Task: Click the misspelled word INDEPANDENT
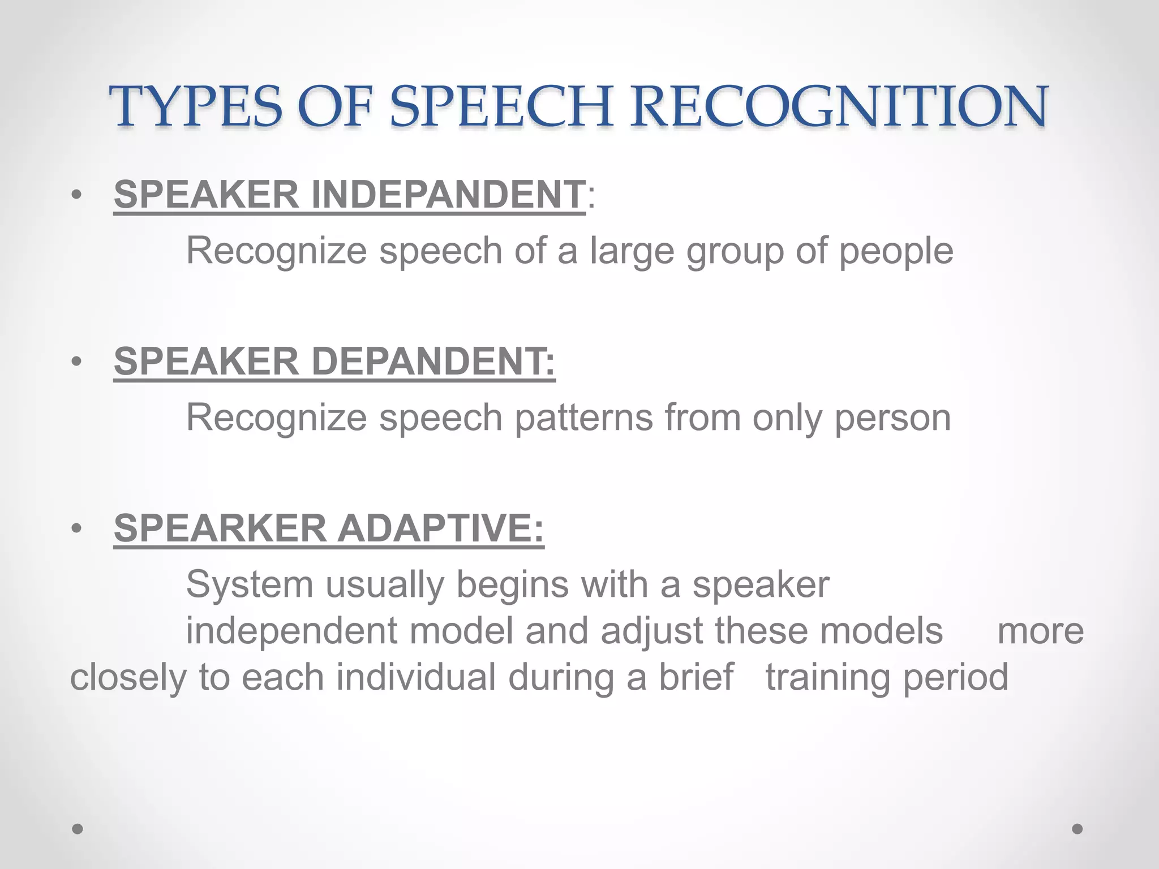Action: [448, 195]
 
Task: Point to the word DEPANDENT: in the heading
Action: [433, 362]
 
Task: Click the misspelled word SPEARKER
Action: [220, 528]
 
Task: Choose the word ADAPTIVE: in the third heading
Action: [441, 528]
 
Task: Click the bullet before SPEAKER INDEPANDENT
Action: [78, 196]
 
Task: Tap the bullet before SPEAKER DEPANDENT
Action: [78, 362]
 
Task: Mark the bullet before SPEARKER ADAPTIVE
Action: [78, 529]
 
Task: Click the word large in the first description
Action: [632, 251]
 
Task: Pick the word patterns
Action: [583, 418]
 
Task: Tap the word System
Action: [250, 584]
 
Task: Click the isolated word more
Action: [1040, 631]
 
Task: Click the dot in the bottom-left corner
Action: [78, 829]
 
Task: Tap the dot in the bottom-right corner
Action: [1078, 829]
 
